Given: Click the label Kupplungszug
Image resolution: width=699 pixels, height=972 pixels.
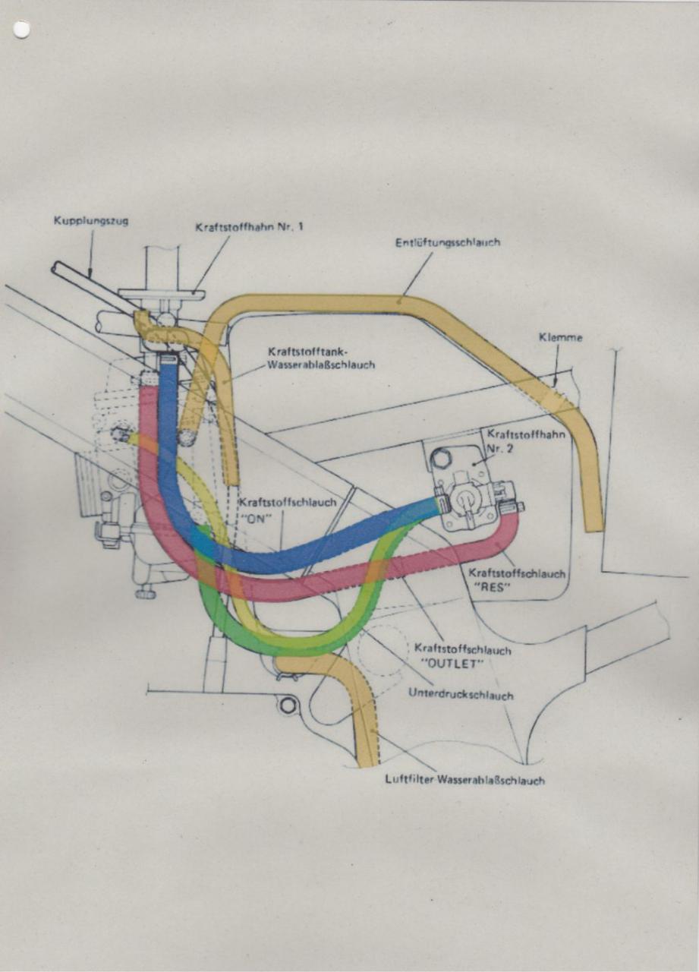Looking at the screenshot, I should pyautogui.click(x=91, y=221).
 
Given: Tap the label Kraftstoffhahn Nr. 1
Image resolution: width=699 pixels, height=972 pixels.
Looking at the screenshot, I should pyautogui.click(x=249, y=226).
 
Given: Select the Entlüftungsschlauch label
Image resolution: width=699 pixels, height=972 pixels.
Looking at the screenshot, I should pyautogui.click(x=448, y=243).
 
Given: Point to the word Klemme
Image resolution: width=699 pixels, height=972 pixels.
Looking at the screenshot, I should pyautogui.click(x=562, y=338).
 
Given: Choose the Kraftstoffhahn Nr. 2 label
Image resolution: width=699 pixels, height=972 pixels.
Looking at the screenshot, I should pyautogui.click(x=512, y=440).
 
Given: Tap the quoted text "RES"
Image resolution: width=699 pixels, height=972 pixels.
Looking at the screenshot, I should pyautogui.click(x=493, y=586).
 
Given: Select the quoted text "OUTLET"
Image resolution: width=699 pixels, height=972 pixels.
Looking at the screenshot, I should pyautogui.click(x=452, y=663).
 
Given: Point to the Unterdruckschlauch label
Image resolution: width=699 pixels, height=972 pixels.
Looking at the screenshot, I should pyautogui.click(x=460, y=694).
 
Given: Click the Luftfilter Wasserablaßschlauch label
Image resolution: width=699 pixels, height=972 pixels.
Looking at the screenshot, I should pyautogui.click(x=464, y=780).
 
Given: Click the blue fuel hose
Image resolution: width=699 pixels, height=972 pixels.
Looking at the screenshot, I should pyautogui.click(x=304, y=553).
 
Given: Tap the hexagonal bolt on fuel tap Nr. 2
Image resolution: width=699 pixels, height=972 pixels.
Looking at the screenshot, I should pyautogui.click(x=440, y=459).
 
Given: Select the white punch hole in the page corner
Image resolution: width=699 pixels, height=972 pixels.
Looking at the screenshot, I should pyautogui.click(x=21, y=30).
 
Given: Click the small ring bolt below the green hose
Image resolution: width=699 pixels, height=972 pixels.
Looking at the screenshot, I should pyautogui.click(x=287, y=705).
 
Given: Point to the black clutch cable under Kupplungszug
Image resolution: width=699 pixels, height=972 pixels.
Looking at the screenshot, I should pyautogui.click(x=83, y=282).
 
